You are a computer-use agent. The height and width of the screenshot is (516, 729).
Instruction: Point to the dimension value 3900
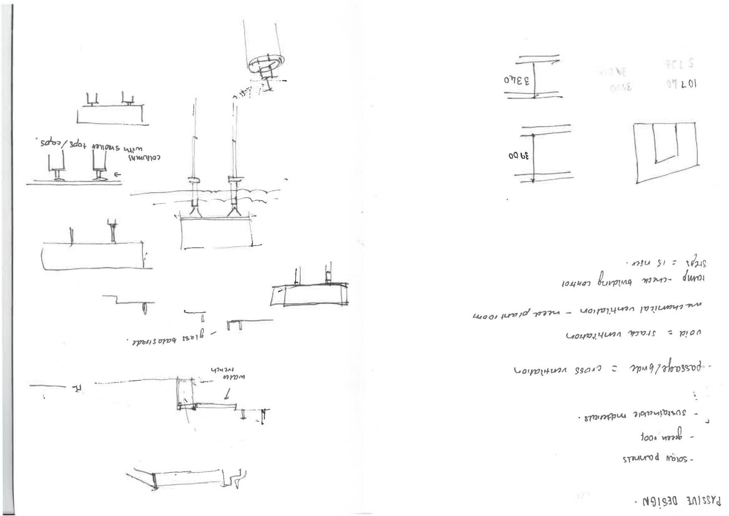pos(518,157)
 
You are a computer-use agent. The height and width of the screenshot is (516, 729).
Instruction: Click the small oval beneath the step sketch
pos(145,309)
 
